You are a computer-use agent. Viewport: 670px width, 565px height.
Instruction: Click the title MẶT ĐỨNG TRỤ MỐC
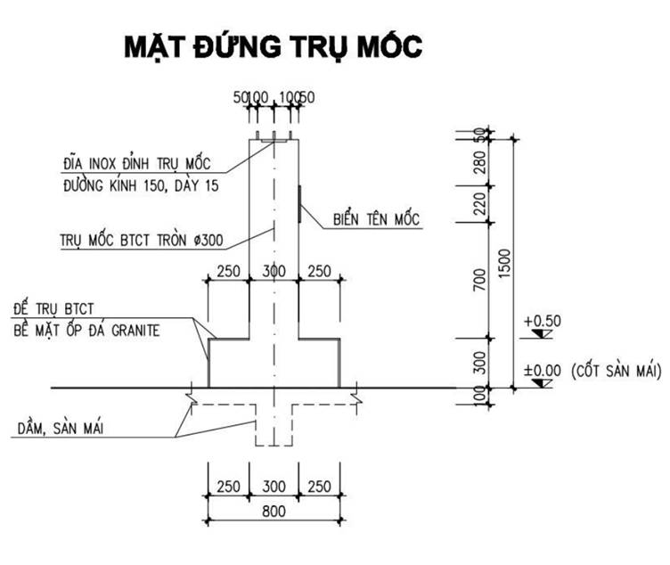point(271,46)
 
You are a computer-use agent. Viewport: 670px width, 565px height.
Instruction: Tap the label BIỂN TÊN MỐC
point(376,218)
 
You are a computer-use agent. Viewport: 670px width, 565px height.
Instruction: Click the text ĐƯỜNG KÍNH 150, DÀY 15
point(141,186)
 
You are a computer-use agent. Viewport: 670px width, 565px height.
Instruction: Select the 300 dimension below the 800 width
point(274,487)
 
